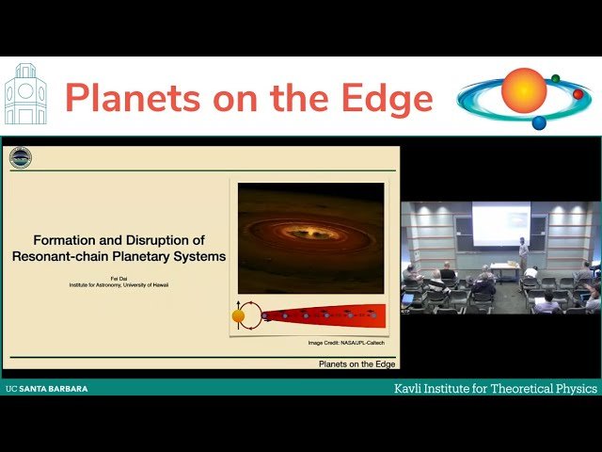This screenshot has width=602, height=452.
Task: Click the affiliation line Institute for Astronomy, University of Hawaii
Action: click(x=119, y=283)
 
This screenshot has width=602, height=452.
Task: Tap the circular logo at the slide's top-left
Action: click(x=21, y=157)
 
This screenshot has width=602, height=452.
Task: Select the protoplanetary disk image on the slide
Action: click(x=310, y=237)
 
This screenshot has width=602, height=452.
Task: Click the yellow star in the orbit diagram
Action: click(x=239, y=315)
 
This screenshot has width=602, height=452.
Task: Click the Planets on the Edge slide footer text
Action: click(x=356, y=363)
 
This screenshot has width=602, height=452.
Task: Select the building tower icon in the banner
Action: click(x=25, y=94)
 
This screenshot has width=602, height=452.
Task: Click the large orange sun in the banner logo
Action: click(x=524, y=90)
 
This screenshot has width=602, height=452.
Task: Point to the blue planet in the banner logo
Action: click(x=539, y=122)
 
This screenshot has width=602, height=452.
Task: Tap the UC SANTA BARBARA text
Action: click(x=46, y=388)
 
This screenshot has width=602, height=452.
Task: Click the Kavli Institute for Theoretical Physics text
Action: click(x=495, y=388)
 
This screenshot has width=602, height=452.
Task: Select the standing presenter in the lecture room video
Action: click(x=523, y=253)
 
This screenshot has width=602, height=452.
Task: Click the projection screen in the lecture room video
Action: click(x=500, y=224)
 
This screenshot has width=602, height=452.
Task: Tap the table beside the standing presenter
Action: click(x=505, y=270)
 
